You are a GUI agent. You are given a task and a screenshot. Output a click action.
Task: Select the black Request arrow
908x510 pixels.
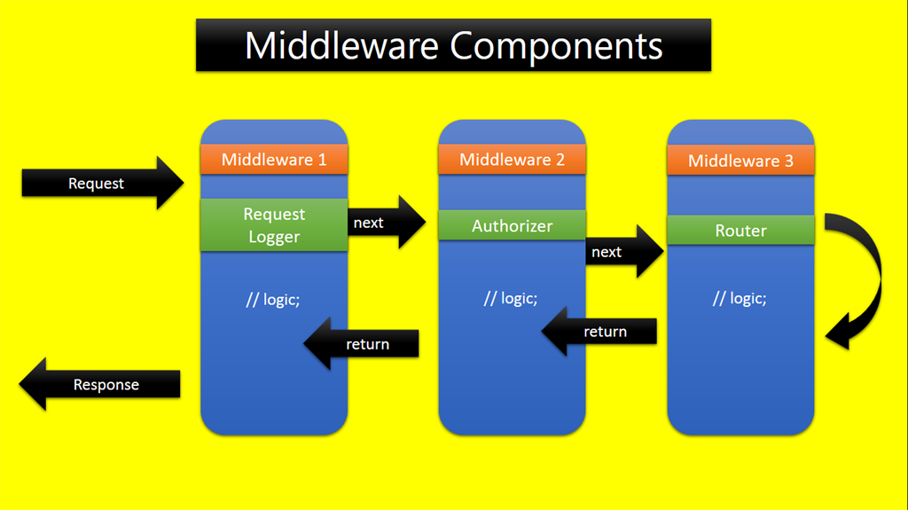pos(102,184)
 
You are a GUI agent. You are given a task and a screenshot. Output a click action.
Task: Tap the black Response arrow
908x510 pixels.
pos(99,385)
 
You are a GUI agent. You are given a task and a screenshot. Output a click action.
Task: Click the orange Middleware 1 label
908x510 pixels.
pos(274,160)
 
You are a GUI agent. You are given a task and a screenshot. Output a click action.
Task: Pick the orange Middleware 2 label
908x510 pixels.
pos(512,160)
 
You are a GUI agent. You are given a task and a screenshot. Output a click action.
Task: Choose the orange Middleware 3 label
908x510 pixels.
pos(740,161)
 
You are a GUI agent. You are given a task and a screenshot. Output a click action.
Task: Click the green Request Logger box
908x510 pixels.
pos(274,225)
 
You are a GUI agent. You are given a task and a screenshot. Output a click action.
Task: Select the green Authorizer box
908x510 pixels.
pos(512,225)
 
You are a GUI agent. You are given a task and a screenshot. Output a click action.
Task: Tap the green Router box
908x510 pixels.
pos(740,231)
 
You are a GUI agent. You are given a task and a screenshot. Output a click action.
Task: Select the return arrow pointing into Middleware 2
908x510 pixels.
pos(599,332)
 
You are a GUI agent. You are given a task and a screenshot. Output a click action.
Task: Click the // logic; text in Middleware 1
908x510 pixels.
pos(273,299)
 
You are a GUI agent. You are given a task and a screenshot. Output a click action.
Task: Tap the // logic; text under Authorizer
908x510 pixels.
pos(511,298)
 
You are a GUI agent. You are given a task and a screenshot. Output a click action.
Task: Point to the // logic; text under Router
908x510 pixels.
pos(740,298)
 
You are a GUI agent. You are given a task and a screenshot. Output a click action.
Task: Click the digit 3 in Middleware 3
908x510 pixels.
pos(787,161)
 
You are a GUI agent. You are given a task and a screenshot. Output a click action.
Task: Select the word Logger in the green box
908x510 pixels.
pos(274,237)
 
